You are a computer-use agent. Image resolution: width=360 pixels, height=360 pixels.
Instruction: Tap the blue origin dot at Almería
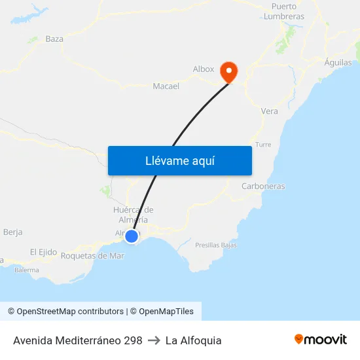pos(132,236)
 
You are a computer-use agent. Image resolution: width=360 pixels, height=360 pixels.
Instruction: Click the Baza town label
pos(54,39)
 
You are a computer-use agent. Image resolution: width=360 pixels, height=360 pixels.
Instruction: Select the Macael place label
pos(166,86)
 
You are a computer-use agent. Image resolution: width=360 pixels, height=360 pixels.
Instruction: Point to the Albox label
pos(204,69)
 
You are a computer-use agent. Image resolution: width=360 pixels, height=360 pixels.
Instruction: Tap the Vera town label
pos(269,111)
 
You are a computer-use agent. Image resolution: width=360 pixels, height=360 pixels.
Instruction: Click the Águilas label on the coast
pos(338,63)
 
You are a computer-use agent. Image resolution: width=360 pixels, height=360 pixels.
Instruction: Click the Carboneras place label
pos(263,186)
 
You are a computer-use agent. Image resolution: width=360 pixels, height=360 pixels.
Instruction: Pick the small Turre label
pos(263,145)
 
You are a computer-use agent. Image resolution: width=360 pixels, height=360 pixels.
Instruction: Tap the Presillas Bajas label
pos(216,245)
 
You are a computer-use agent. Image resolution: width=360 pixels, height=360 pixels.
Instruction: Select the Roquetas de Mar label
pos(92,255)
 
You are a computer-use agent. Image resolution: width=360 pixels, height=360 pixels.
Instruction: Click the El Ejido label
pos(43,252)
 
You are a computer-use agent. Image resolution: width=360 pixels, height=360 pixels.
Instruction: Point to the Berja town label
pos(13,232)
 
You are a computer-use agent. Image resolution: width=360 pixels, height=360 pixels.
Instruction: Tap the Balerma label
pos(27,269)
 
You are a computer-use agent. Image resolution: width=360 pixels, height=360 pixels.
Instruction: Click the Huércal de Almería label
pos(133,215)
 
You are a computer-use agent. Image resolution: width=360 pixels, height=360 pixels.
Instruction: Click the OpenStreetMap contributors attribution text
pos(65,312)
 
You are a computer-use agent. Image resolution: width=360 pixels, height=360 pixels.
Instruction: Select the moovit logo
pos(321,340)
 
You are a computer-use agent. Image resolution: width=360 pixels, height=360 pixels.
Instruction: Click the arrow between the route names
pos(154,340)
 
